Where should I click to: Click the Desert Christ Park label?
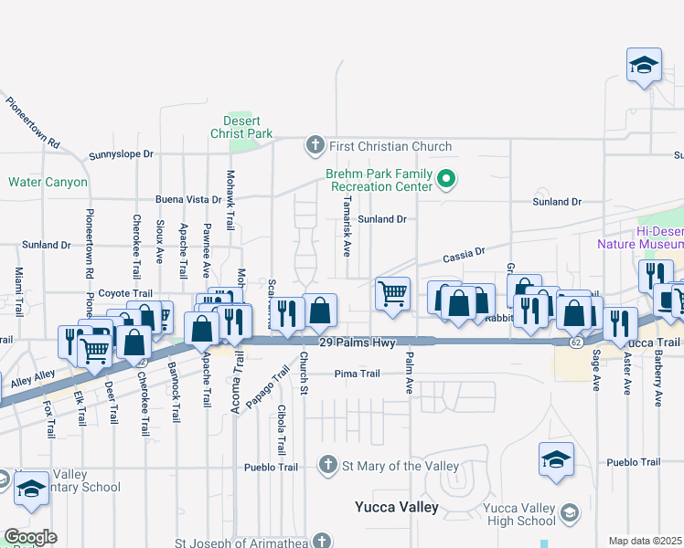(249, 127)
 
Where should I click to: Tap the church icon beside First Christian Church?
(315, 146)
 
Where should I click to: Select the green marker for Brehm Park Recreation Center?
(446, 179)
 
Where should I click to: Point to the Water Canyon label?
(48, 182)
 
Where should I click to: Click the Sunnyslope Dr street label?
(121, 154)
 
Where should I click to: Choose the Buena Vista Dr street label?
(188, 199)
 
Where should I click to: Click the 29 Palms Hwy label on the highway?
(357, 342)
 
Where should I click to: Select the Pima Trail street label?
(357, 374)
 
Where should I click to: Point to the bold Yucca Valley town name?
(397, 506)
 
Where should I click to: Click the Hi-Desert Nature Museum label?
(640, 237)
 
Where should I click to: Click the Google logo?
(30, 536)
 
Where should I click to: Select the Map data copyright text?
(646, 541)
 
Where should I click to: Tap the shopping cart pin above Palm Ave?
(392, 295)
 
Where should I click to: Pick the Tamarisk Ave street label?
(347, 226)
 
